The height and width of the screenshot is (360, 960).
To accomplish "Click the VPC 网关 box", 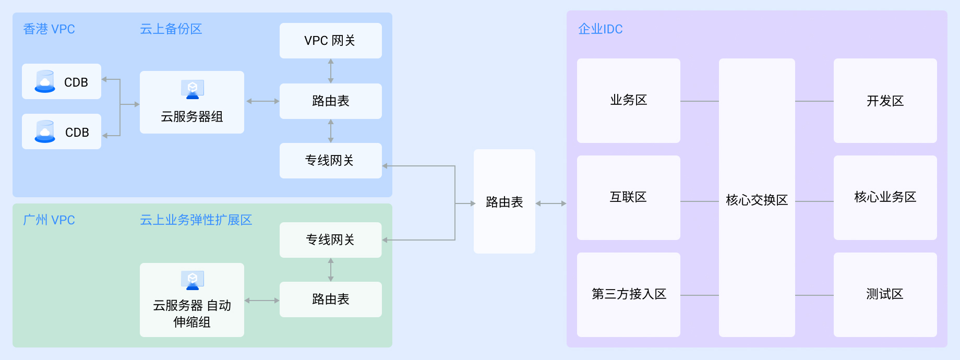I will tap(330, 41).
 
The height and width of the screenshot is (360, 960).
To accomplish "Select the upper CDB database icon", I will tap(45, 82).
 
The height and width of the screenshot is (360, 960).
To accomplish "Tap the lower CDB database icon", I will tap(45, 132).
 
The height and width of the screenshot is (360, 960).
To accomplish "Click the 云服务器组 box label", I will tap(191, 117).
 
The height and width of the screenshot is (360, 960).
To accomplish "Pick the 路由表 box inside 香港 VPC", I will tap(330, 101).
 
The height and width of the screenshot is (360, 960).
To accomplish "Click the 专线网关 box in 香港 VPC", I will tap(330, 161).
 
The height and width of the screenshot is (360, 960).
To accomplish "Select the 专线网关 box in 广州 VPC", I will tap(330, 240).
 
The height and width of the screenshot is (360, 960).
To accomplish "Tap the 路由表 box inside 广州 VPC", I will tap(330, 299).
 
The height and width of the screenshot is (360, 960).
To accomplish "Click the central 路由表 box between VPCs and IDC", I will tap(504, 202).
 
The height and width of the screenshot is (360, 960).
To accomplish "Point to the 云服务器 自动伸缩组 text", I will tap(191, 313).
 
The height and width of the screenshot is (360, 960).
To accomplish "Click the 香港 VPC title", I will tap(49, 29).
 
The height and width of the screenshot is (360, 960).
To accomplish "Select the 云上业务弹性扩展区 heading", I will tap(196, 220).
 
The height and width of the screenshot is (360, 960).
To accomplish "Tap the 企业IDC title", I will tap(600, 29).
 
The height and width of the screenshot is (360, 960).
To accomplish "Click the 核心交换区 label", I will tap(757, 200).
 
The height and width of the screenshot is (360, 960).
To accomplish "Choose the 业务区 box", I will tap(628, 100).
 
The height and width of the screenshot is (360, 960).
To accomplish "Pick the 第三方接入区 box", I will tap(628, 294).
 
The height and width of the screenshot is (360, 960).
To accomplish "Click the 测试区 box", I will tap(885, 294).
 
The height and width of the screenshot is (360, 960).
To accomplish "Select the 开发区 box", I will tap(885, 101).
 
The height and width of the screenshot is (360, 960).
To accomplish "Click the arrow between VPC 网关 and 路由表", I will tap(330, 71).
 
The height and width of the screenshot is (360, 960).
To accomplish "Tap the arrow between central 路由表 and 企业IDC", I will tap(551, 203).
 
